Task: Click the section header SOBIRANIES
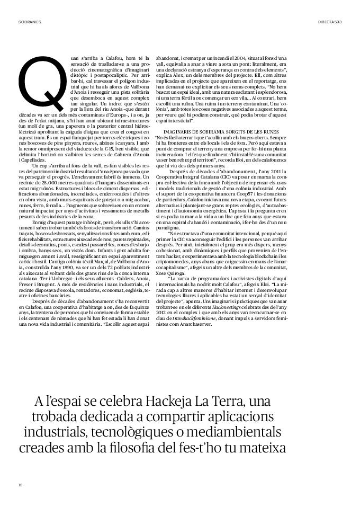[30, 22]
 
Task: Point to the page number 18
[20, 484]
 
